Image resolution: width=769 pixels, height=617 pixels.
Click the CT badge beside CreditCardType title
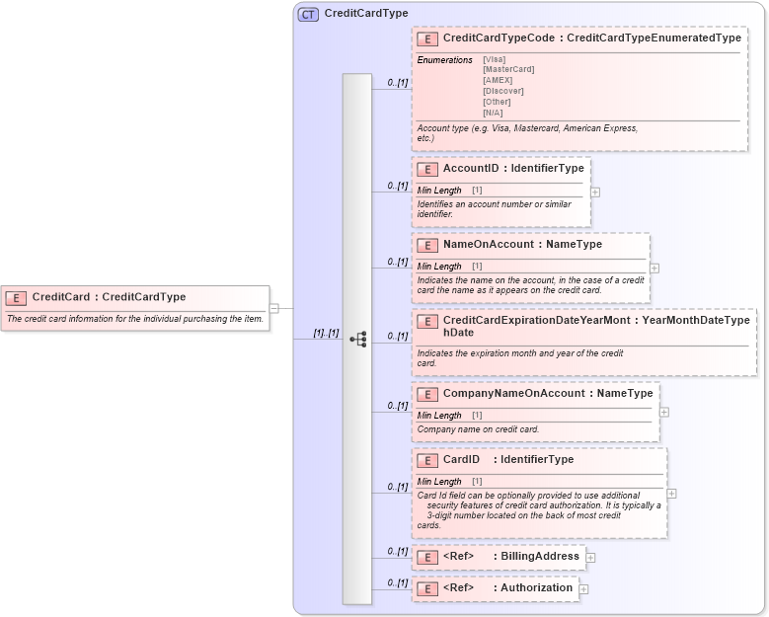(x=308, y=15)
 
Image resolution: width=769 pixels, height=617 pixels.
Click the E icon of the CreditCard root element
(x=16, y=297)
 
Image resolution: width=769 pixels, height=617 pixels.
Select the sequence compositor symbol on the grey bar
(x=357, y=339)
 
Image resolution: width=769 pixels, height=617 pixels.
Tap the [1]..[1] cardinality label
(x=326, y=333)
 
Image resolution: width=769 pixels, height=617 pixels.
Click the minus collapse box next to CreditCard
(x=274, y=308)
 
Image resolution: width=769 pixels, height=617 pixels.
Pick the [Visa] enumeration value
(x=494, y=59)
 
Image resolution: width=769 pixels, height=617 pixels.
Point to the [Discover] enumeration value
(x=503, y=92)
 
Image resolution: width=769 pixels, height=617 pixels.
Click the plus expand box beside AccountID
(x=595, y=193)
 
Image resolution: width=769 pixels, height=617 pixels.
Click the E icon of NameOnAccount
(x=427, y=245)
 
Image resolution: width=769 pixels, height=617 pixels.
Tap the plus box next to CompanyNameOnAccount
(x=664, y=412)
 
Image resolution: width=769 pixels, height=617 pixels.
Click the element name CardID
(x=461, y=460)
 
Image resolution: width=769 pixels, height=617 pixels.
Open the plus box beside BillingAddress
(x=590, y=558)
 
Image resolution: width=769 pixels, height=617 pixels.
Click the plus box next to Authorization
(x=583, y=589)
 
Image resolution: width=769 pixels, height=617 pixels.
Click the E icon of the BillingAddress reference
(x=427, y=558)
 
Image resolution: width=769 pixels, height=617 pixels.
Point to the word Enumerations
(x=445, y=60)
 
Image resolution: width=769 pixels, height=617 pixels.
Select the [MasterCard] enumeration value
(x=508, y=70)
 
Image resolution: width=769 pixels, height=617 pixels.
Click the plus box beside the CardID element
(x=672, y=494)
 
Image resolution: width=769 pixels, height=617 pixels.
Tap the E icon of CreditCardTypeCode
(x=427, y=39)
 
